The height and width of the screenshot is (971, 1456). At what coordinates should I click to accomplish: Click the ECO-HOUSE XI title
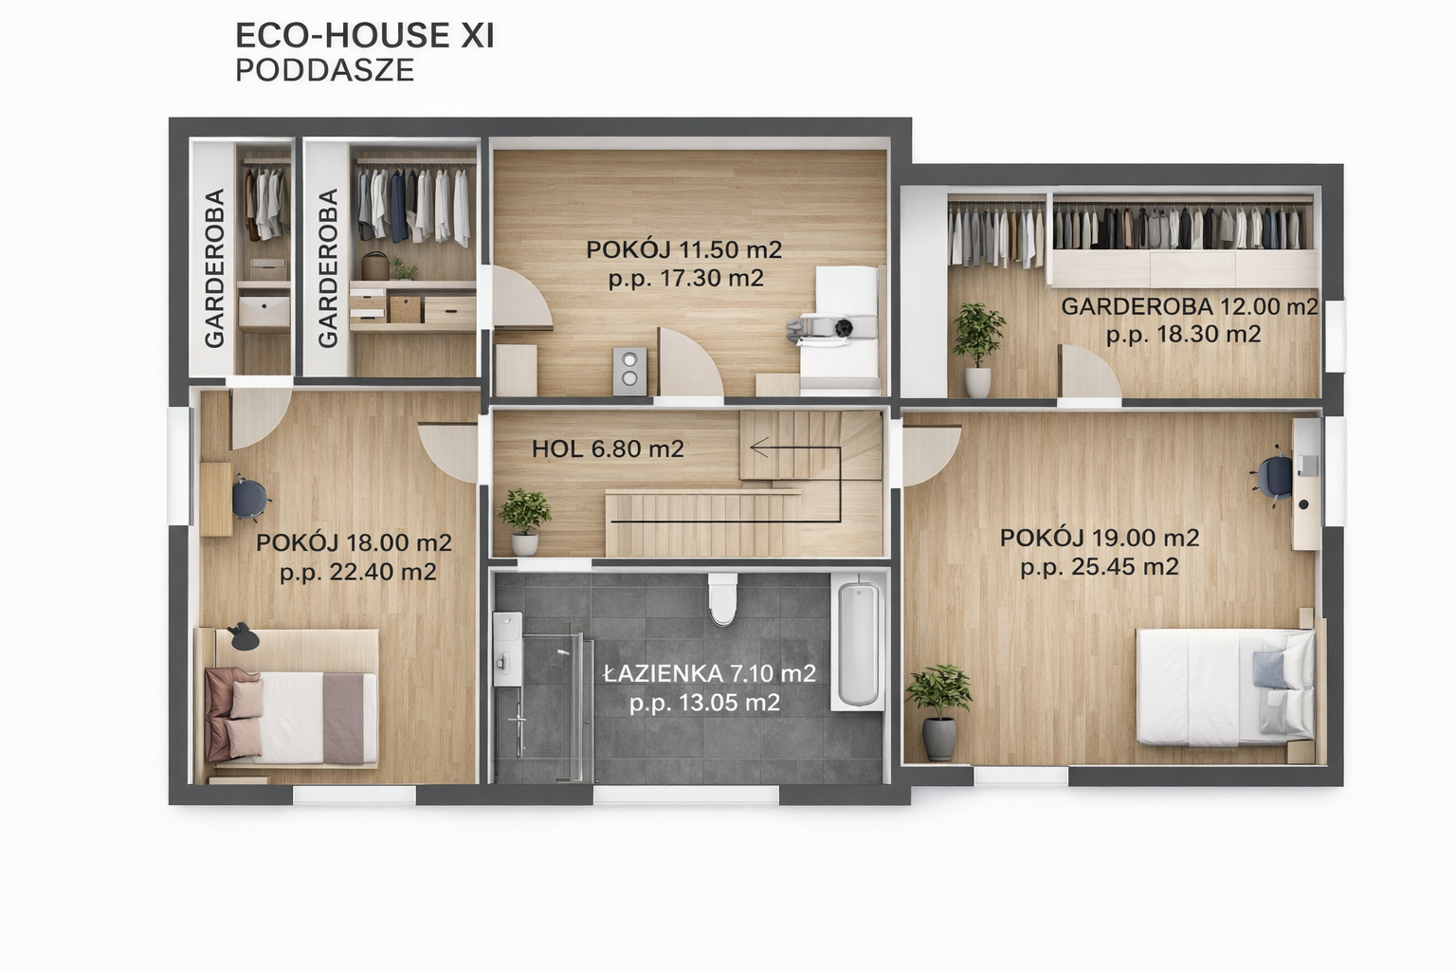pyautogui.click(x=365, y=36)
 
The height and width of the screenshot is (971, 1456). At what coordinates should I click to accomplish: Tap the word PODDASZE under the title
pyautogui.click(x=325, y=70)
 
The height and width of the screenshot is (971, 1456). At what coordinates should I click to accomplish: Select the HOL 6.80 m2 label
pyautogui.click(x=608, y=449)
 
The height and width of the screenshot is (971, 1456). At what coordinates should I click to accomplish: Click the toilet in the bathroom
pyautogui.click(x=722, y=599)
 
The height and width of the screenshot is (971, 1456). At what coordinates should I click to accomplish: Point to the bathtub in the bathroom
pyautogui.click(x=858, y=643)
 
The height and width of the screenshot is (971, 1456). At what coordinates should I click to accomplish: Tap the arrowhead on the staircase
pyautogui.click(x=759, y=448)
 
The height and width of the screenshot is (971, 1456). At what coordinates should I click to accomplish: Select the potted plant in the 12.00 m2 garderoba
pyautogui.click(x=978, y=349)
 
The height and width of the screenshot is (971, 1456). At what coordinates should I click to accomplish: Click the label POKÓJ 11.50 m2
pyautogui.click(x=683, y=249)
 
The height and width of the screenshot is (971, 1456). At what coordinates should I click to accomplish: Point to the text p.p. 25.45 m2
pyautogui.click(x=1100, y=567)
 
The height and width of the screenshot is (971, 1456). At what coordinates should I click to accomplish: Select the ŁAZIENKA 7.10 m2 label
pyautogui.click(x=709, y=674)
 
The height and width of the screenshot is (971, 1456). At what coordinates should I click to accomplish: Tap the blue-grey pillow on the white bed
pyautogui.click(x=1269, y=669)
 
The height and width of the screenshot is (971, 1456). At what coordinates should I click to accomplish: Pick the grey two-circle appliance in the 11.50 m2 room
pyautogui.click(x=629, y=371)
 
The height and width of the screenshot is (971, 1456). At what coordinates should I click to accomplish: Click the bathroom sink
pyautogui.click(x=507, y=649)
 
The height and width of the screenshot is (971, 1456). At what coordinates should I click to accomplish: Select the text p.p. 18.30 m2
pyautogui.click(x=1183, y=335)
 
